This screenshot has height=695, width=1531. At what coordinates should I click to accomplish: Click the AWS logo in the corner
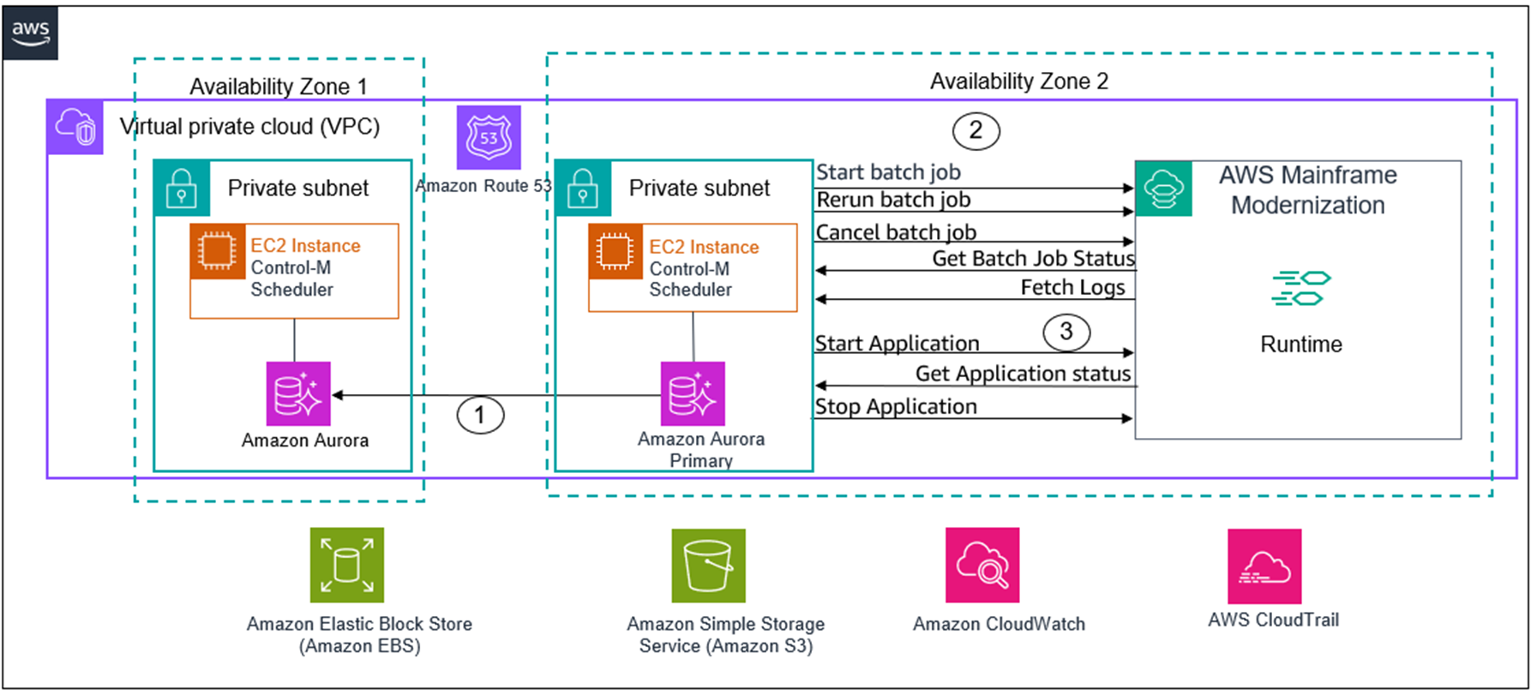(x=30, y=33)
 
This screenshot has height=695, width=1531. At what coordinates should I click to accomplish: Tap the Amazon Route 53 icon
(x=489, y=137)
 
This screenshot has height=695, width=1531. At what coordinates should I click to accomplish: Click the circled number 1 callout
(x=480, y=415)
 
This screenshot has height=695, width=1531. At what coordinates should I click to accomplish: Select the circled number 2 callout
(x=976, y=130)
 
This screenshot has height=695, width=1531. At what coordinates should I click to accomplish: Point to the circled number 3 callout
(x=1066, y=332)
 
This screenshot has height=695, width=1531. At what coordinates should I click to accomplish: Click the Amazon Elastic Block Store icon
(x=347, y=565)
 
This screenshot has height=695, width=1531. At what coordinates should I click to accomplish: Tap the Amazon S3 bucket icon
(x=708, y=566)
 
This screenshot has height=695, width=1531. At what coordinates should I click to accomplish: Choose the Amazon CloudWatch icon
(x=982, y=565)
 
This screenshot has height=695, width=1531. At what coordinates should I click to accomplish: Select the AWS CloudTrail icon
(x=1264, y=566)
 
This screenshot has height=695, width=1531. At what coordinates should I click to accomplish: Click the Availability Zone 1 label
(x=278, y=87)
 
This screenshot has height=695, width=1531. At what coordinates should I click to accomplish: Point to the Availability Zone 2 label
(x=1019, y=81)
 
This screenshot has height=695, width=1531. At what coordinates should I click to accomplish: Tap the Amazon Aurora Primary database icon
(x=693, y=393)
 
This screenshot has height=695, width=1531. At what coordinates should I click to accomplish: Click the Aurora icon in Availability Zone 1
(x=298, y=393)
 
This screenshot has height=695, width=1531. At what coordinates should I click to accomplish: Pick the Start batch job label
(x=888, y=172)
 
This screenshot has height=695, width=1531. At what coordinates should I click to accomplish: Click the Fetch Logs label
(x=1072, y=287)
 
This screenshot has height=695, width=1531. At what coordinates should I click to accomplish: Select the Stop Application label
(x=896, y=406)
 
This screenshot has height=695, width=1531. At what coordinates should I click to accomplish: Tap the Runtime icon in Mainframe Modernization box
(x=1300, y=288)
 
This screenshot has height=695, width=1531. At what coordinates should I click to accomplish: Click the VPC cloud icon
(x=75, y=128)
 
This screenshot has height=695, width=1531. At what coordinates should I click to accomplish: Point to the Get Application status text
(x=1023, y=374)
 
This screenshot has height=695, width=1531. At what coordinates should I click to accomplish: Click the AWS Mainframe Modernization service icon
(x=1163, y=189)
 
